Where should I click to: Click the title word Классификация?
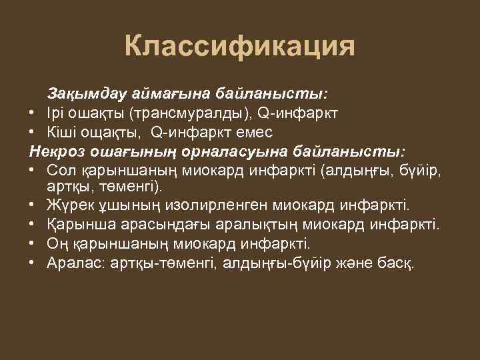239,47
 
